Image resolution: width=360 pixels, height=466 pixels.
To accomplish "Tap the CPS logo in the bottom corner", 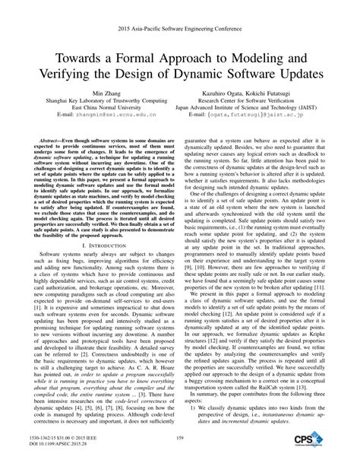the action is (312, 440).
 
